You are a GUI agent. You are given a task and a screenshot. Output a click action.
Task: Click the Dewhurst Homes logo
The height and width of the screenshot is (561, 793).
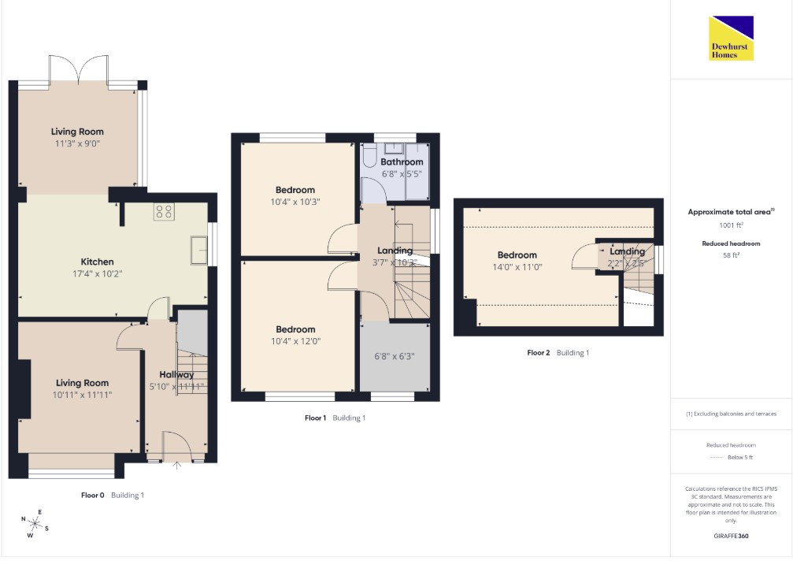tap(731, 39)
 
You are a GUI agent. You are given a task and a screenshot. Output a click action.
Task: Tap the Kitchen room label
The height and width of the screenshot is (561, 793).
tap(97, 262)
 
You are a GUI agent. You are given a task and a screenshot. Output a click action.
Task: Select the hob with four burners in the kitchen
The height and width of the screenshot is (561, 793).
tap(164, 211)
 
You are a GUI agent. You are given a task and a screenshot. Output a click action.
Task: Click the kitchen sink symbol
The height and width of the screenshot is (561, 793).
tap(198, 250)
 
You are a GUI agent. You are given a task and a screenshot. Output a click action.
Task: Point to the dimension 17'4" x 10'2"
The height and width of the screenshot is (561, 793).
tap(97, 273)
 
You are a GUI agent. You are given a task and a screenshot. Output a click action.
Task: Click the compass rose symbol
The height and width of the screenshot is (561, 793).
tap(35, 523)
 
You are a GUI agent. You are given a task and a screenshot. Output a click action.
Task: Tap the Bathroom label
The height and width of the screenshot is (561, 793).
tap(402, 162)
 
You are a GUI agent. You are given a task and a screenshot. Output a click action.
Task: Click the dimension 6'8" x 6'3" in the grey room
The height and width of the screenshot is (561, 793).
tap(394, 356)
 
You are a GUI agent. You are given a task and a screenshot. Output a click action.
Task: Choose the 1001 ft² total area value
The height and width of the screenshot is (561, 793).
tap(731, 225)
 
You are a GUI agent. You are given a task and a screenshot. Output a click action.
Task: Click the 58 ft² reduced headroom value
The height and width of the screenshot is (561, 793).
tap(731, 255)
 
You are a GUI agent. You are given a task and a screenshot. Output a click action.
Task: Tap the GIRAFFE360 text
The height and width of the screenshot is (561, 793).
tap(731, 536)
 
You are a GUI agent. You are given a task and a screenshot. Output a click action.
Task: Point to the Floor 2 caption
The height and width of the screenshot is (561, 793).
tap(538, 352)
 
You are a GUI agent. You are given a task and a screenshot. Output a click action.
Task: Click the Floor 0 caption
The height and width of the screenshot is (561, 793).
tap(93, 496)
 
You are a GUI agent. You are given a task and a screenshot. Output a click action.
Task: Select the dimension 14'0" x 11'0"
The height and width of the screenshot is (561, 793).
tap(517, 267)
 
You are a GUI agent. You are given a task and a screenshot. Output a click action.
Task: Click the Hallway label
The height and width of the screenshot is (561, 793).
tap(176, 375)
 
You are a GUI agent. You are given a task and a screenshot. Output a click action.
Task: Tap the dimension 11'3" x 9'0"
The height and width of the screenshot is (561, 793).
tap(77, 143)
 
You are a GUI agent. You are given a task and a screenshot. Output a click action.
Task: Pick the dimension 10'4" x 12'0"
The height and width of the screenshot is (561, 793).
tap(295, 341)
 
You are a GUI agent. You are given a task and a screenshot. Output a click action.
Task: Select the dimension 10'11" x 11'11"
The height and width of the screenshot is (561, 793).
tap(82, 395)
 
